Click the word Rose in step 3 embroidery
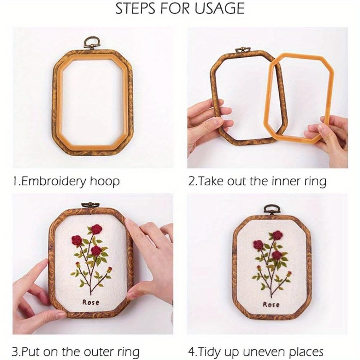(x=91, y=302)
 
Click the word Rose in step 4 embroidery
(x=271, y=305)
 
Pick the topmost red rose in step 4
(x=277, y=235)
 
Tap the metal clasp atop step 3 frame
(x=89, y=205)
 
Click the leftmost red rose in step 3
(x=76, y=240)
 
